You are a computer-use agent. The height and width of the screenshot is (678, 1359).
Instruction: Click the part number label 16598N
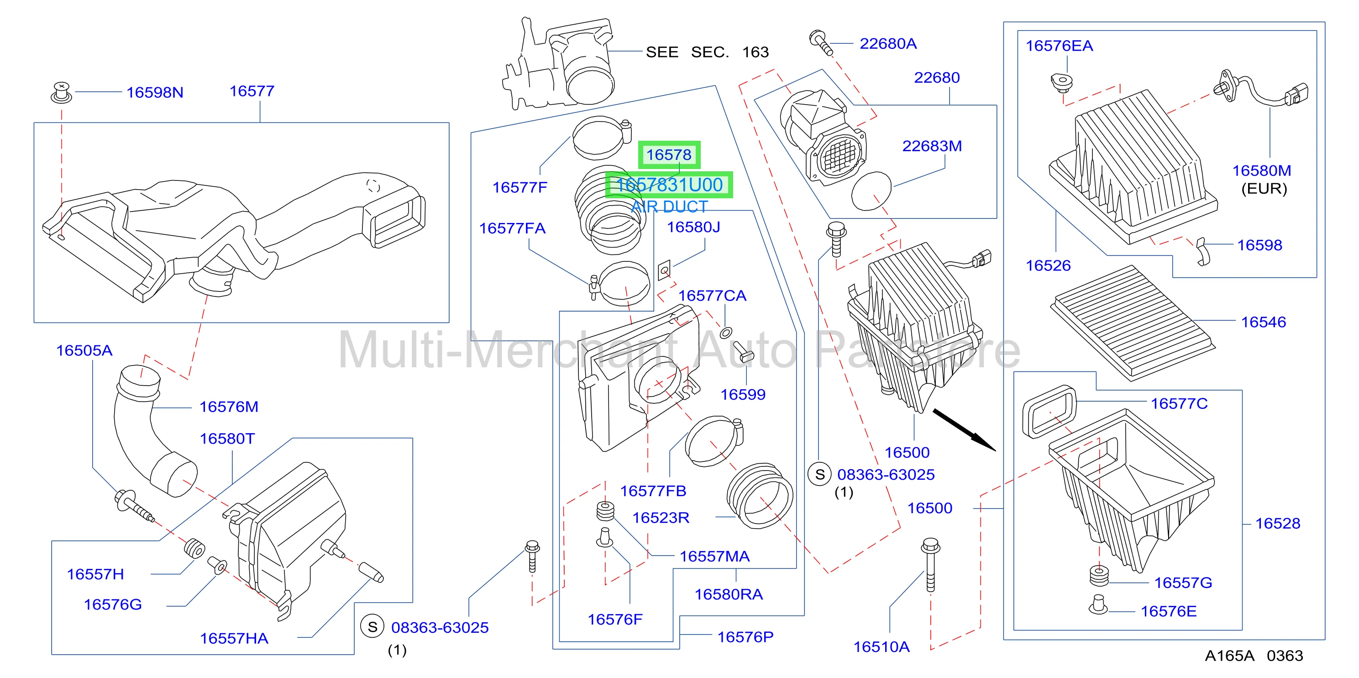tap(155, 92)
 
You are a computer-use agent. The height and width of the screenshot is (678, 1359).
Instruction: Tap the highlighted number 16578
tap(668, 155)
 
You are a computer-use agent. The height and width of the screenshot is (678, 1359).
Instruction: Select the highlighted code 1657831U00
tap(669, 185)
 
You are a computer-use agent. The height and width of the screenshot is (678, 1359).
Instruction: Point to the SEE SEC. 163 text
tap(707, 52)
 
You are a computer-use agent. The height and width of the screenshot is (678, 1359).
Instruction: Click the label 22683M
tap(932, 146)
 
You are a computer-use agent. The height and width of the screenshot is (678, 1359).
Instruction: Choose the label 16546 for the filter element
tap(1263, 322)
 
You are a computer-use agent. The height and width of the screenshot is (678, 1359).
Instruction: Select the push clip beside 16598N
tap(62, 92)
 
